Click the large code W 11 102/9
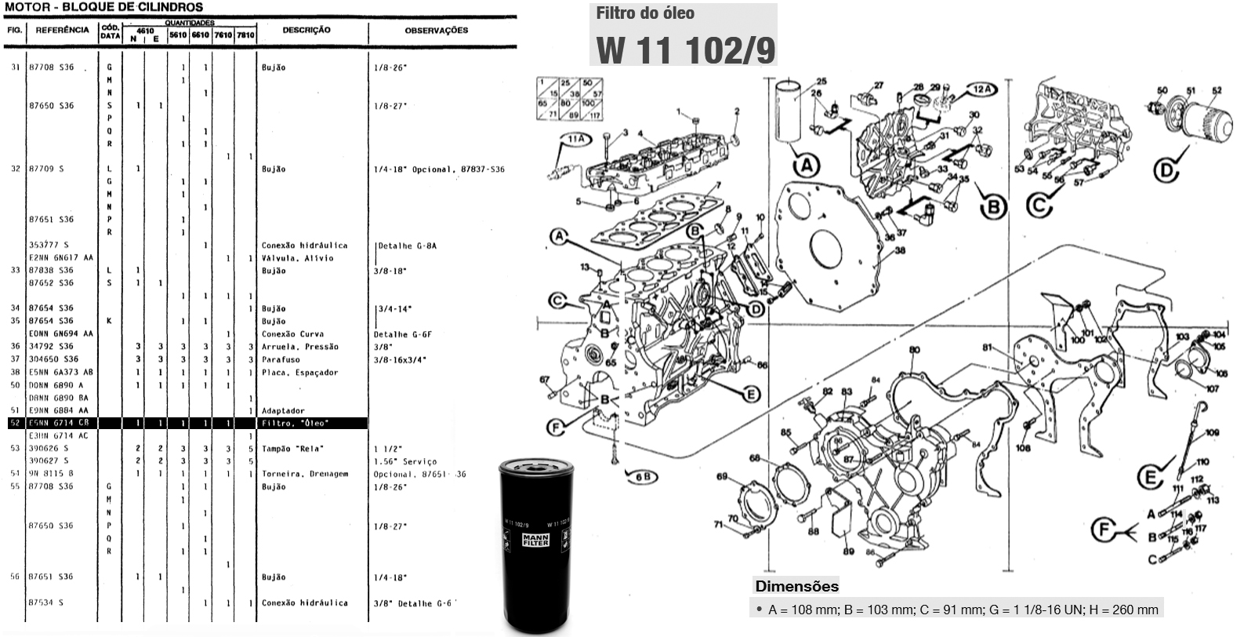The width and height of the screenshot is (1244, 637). [x=685, y=49]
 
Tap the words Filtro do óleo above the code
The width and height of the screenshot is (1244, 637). [x=645, y=13]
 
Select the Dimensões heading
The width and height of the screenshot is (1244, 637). [x=796, y=586]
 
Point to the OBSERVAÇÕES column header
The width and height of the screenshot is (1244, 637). [x=436, y=31]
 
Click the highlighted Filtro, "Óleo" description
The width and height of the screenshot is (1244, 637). [x=295, y=424]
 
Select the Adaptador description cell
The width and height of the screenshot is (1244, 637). [x=283, y=411]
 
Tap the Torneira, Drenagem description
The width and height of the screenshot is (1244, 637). [x=305, y=474]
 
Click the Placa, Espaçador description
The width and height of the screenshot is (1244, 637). [x=300, y=373]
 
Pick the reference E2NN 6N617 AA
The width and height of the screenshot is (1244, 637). [x=61, y=258]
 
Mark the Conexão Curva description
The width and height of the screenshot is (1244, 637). [x=292, y=334]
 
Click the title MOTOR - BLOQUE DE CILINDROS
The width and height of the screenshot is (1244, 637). [x=103, y=7]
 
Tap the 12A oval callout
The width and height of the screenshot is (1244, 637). [x=982, y=89]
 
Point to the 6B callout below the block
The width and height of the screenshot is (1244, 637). [x=641, y=475]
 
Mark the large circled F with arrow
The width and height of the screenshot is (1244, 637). [x=1105, y=530]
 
